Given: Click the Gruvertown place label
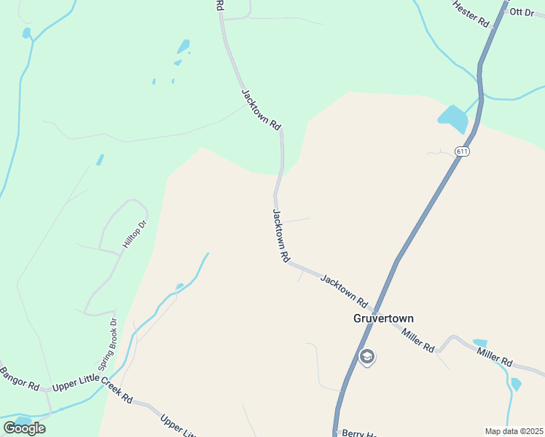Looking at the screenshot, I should click(383, 318).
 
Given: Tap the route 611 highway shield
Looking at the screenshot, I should click(462, 151).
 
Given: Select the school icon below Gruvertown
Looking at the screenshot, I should click(367, 358).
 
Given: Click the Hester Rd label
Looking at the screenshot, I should click(470, 14).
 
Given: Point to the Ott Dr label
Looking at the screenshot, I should click(522, 12).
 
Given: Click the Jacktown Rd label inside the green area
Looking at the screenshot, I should click(261, 109).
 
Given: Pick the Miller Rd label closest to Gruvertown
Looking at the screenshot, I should click(417, 339).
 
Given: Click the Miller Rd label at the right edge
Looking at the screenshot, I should click(495, 357).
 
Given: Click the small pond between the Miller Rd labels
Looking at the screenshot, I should click(479, 342).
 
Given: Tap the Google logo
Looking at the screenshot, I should click(24, 428).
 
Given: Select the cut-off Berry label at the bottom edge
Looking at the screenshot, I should click(358, 433).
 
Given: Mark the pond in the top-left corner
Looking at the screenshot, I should click(27, 33).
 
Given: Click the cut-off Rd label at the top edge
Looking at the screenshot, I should click(219, 5).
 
